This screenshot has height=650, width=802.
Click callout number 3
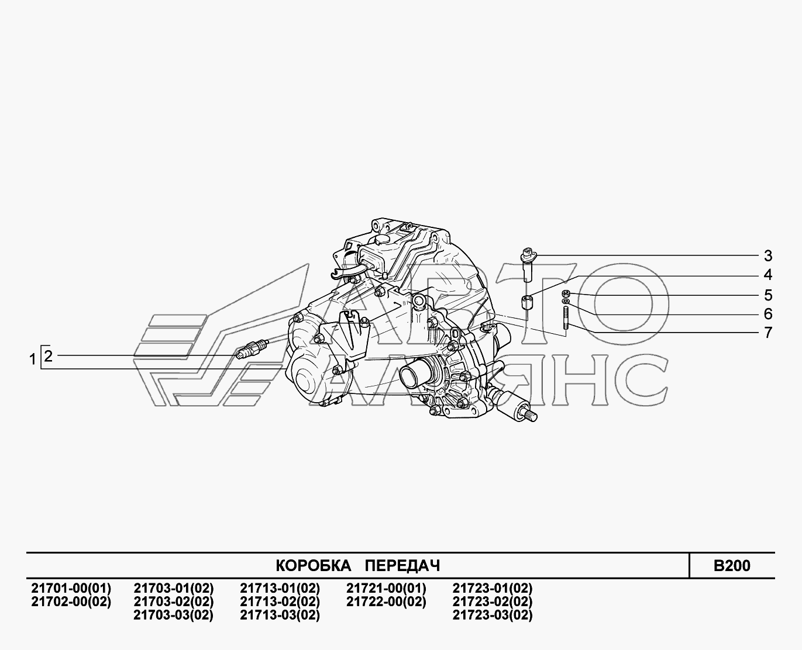[768, 256]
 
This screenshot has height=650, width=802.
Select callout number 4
[768, 275]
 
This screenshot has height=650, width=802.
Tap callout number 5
[768, 295]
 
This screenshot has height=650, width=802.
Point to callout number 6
[768, 314]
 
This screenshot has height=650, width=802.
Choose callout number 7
[768, 333]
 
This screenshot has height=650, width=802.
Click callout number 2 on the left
[48, 356]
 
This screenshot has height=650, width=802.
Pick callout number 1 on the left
[33, 359]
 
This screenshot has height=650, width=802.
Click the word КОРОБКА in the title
[314, 566]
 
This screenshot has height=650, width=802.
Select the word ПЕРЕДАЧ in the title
[402, 566]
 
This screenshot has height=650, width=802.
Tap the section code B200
[732, 566]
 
